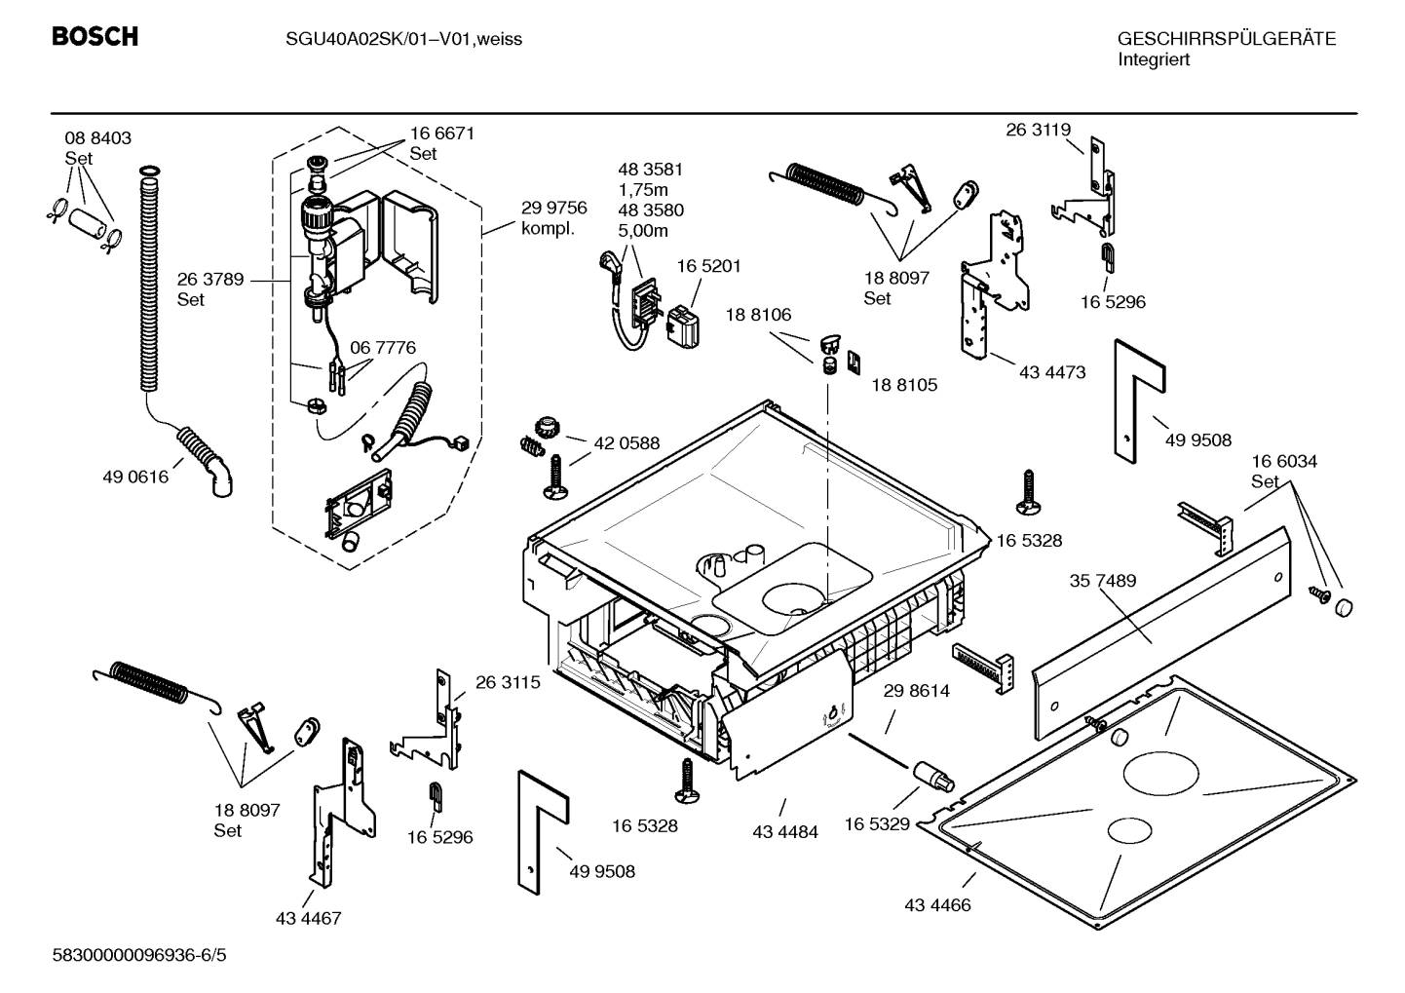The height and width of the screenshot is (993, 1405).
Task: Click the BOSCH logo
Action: click(95, 37)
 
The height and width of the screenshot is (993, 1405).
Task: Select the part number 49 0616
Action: click(135, 477)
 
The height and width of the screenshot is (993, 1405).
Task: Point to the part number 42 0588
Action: click(627, 442)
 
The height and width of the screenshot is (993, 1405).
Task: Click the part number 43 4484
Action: click(785, 831)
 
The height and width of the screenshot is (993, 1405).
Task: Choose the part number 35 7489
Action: click(1102, 581)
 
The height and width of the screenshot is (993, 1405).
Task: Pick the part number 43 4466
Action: click(937, 904)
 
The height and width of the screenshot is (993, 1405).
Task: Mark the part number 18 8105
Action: click(903, 385)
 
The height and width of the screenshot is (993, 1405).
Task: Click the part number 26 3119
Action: click(1038, 130)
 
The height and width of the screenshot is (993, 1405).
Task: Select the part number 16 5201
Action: click(709, 266)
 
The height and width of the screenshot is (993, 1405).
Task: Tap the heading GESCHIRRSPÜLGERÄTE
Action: click(1226, 39)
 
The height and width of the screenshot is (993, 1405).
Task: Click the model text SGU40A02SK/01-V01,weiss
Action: click(390, 39)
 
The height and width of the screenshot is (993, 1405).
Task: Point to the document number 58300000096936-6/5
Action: click(138, 955)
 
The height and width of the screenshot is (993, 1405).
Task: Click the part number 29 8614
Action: click(916, 691)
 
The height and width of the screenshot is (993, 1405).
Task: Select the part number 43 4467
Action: click(308, 918)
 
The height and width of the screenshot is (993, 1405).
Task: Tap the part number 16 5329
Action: click(876, 823)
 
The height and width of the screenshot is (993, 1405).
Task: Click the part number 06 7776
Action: click(383, 348)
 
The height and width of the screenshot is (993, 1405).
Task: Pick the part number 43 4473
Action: click(1052, 371)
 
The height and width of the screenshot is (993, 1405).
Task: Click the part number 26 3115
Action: click(508, 683)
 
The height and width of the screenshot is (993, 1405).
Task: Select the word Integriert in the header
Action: click(1154, 59)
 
